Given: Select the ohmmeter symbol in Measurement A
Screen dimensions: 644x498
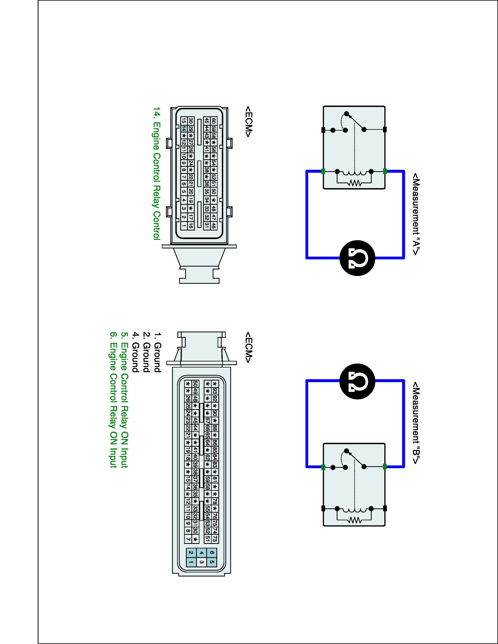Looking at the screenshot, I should tap(357, 258).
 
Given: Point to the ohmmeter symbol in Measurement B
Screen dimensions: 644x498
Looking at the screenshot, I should tap(357, 381).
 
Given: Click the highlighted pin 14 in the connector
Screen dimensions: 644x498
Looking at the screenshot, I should tap(184, 129).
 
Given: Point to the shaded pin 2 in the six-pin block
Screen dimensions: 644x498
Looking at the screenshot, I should tap(191, 553).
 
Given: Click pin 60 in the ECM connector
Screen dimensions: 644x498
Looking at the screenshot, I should tap(214, 121).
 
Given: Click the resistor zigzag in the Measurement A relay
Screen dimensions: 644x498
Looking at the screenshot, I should tap(354, 183).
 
